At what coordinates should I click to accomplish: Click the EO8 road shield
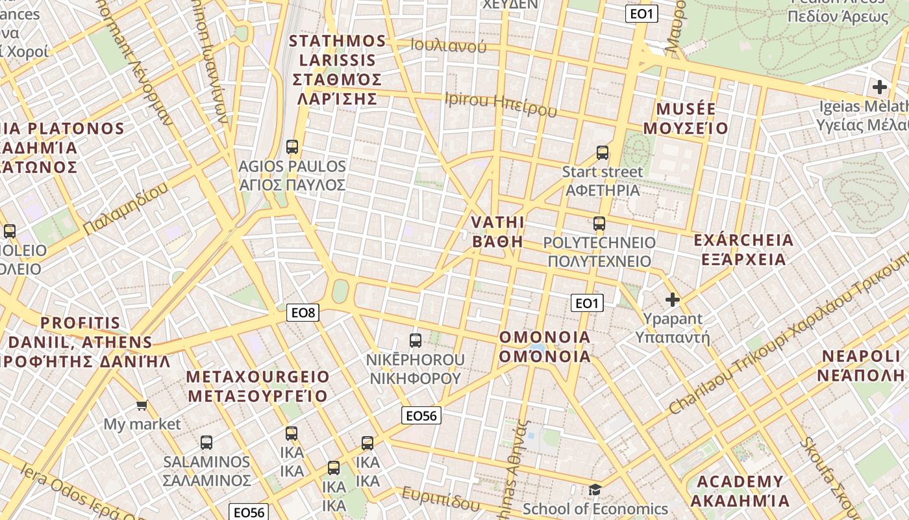303,313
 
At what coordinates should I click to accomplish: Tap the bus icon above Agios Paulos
292,147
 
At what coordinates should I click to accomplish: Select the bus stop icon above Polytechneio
599,224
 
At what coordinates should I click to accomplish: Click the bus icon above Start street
603,153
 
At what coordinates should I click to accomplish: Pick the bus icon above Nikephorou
415,340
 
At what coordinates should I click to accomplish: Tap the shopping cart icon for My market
142,406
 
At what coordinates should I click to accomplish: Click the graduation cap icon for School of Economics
595,489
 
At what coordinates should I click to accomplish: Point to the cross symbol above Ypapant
673,300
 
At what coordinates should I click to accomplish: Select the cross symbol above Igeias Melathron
880,86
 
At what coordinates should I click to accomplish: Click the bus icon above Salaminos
206,442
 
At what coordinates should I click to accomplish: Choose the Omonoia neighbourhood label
545,346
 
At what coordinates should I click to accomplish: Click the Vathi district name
497,232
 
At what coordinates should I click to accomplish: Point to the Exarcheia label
743,250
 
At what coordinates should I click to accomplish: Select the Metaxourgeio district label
258,386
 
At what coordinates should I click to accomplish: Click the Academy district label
740,491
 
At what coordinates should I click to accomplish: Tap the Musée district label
686,118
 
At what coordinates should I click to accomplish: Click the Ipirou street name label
501,103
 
